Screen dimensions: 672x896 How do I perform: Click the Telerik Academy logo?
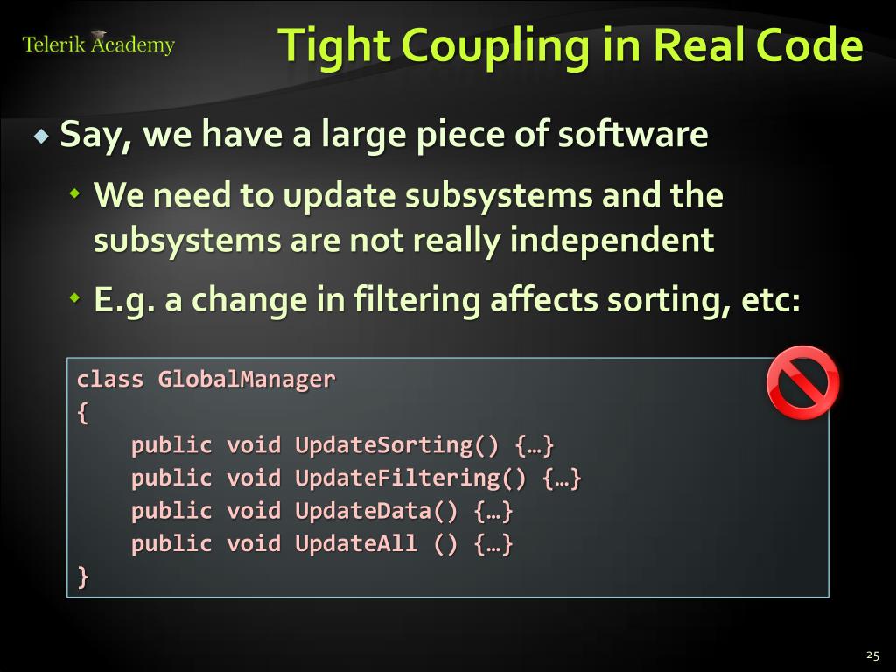(x=98, y=44)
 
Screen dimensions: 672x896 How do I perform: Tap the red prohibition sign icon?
(x=802, y=383)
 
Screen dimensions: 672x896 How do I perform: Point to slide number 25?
(x=872, y=654)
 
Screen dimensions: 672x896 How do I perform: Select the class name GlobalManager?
(x=247, y=380)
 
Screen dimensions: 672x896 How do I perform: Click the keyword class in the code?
(x=109, y=380)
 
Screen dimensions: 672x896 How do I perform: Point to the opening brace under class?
(x=83, y=412)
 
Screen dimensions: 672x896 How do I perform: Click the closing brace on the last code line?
(x=83, y=577)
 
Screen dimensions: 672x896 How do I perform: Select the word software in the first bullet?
(x=633, y=135)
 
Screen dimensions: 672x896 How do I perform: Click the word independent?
(x=612, y=239)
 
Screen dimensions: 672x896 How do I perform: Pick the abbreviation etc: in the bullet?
(x=770, y=301)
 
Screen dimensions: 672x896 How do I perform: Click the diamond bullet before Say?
(x=42, y=136)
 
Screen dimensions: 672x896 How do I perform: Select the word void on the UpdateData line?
(x=254, y=511)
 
